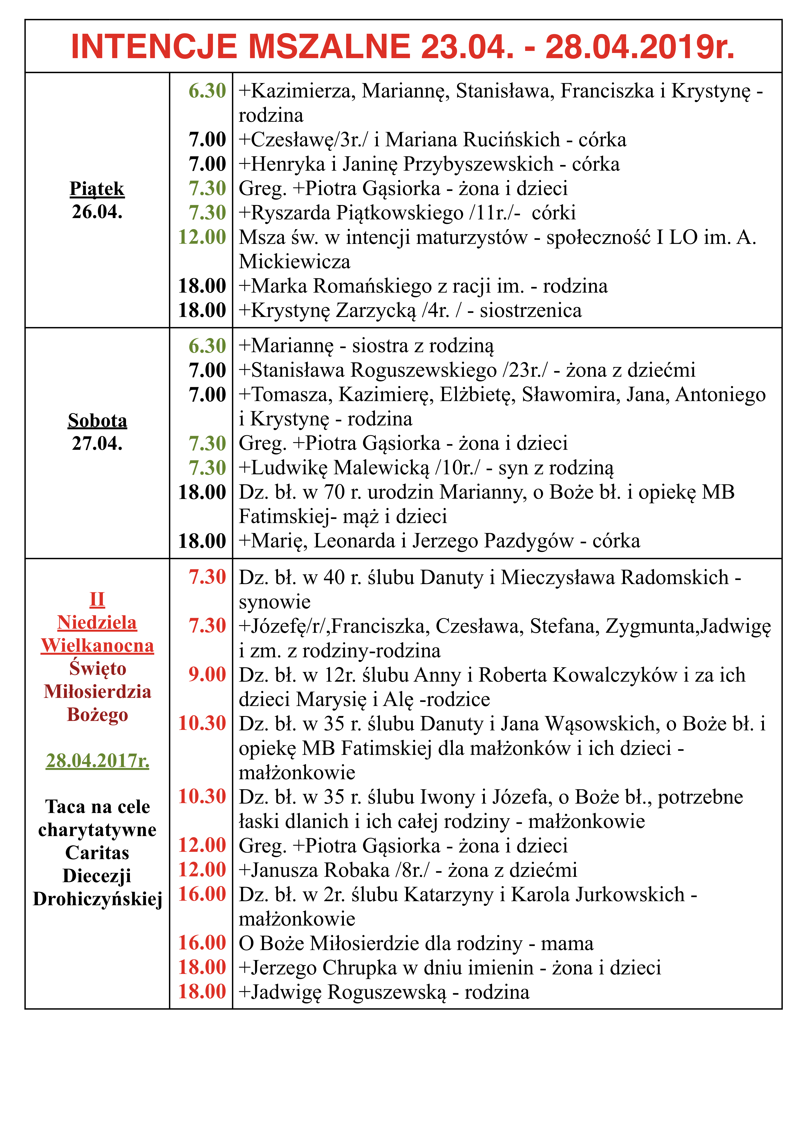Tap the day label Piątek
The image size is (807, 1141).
[97, 189]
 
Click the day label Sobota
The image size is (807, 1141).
[97, 420]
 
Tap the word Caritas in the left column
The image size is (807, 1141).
[97, 853]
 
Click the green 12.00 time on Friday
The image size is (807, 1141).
[202, 237]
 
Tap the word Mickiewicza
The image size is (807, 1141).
[294, 261]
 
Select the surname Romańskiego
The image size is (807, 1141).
[373, 286]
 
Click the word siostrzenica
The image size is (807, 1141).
[531, 311]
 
